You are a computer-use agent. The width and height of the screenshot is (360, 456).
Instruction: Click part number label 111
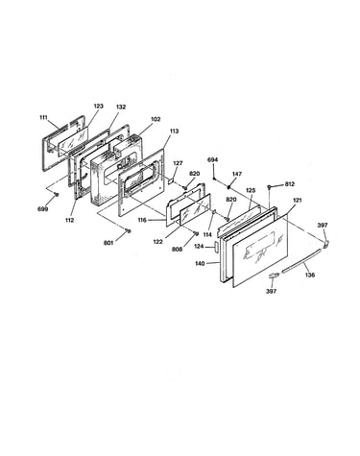(x=43, y=117)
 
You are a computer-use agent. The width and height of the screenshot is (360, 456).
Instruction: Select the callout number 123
(x=99, y=106)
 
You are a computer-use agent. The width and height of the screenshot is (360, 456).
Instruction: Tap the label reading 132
(x=121, y=107)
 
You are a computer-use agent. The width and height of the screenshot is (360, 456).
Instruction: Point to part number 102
(x=156, y=119)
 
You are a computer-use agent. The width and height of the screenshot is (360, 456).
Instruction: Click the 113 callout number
(x=174, y=131)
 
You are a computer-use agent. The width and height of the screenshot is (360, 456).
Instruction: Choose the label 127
(x=178, y=163)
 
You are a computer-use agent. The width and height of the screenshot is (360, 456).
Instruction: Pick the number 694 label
(x=213, y=159)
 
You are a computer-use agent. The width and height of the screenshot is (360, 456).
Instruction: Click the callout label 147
(x=237, y=174)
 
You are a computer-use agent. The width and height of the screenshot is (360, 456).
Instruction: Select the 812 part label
(x=289, y=184)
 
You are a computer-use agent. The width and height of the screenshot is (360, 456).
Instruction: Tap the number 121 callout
(x=298, y=201)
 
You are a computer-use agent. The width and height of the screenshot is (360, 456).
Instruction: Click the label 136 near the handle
(x=310, y=275)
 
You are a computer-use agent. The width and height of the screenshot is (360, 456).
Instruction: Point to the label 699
(x=43, y=209)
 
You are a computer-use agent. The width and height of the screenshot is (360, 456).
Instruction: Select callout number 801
(x=108, y=243)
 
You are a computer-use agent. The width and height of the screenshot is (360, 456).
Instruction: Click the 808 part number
(x=177, y=249)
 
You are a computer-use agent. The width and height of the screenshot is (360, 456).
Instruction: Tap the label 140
(x=200, y=264)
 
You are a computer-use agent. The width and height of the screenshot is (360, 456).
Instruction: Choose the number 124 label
(x=200, y=247)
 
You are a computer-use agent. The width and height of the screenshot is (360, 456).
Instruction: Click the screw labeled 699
(x=57, y=195)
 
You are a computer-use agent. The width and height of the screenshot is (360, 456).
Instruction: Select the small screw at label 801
(x=128, y=230)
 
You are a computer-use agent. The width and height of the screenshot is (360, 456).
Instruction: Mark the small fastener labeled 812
(x=271, y=187)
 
